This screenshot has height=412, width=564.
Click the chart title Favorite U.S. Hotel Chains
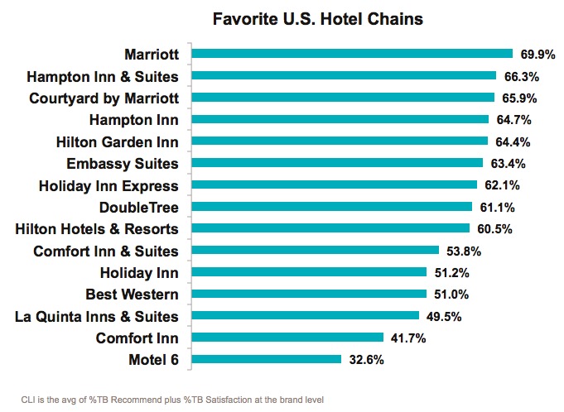[282, 17]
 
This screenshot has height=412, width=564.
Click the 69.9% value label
[537, 55]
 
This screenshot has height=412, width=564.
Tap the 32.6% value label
[366, 360]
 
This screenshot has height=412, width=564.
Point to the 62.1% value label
[502, 185]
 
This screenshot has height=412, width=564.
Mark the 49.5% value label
[443, 316]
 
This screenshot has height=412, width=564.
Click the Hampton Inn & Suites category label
[103, 77]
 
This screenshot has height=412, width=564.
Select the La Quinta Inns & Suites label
[97, 316]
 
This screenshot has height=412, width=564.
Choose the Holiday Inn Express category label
[108, 185]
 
